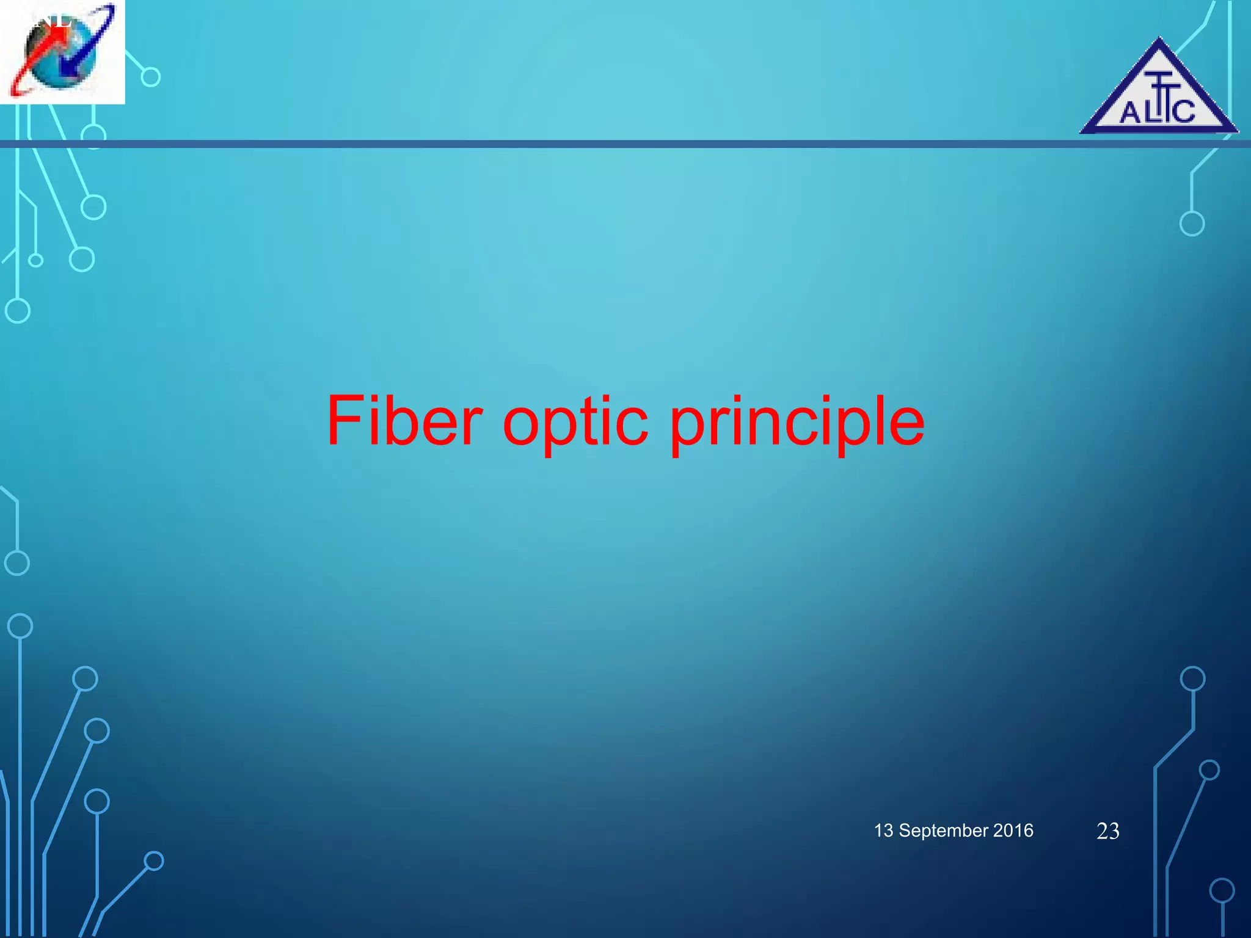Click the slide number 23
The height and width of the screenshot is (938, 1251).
pos(1107,831)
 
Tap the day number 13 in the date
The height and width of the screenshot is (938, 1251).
pos(883,831)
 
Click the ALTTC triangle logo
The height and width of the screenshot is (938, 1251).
pos(1158,92)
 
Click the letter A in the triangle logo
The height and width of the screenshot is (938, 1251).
pos(1130,113)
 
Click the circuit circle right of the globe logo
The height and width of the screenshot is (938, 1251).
pos(150,77)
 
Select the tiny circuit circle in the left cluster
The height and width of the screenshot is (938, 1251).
pos(36,261)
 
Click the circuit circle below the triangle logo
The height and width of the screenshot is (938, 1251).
pos(1192,224)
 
